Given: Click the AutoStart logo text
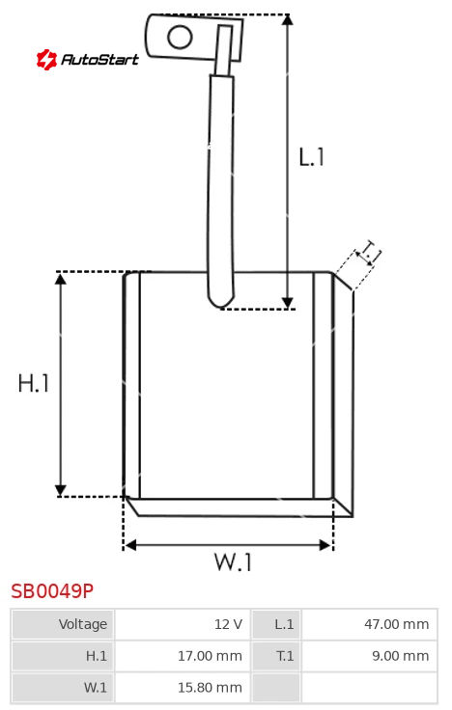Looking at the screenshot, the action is click(99, 59).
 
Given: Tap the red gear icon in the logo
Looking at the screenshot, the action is click(46, 59).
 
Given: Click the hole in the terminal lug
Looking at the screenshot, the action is click(180, 37).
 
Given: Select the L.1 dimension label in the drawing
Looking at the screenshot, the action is click(311, 157).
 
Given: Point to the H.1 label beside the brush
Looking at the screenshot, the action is click(34, 383).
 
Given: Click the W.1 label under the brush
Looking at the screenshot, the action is click(233, 561).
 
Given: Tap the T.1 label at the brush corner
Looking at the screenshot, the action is click(369, 252).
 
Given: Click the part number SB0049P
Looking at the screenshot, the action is click(52, 591).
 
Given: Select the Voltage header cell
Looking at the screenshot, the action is click(63, 624).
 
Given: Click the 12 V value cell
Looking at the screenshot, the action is click(183, 624).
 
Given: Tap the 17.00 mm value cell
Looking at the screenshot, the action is click(183, 656).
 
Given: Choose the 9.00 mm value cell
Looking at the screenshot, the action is click(370, 656).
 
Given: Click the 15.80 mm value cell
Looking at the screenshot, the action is click(183, 688).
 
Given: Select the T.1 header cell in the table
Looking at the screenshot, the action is click(276, 656).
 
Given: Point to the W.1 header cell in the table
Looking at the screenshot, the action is click(63, 688).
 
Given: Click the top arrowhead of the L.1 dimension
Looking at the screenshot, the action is click(287, 19).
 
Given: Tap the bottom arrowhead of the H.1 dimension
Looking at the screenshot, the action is click(60, 490).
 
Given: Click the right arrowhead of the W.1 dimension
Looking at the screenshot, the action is click(325, 545).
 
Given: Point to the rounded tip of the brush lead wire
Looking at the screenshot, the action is click(221, 304).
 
